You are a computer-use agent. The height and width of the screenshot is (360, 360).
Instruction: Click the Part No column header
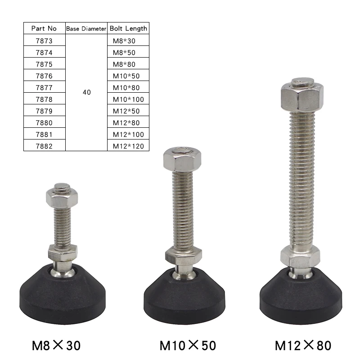pyautogui.click(x=44, y=28)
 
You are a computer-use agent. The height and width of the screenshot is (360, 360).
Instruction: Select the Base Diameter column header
pyautogui.click(x=86, y=28)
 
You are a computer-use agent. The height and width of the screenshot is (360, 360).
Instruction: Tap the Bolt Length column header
pyautogui.click(x=128, y=28)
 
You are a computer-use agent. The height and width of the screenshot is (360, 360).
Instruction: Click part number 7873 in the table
pyautogui.click(x=44, y=40)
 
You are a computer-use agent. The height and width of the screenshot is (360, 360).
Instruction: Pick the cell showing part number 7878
pyautogui.click(x=44, y=99)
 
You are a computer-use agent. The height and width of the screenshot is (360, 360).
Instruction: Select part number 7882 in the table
pyautogui.click(x=44, y=146)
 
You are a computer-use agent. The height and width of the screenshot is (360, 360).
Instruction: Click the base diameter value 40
pyautogui.click(x=87, y=92)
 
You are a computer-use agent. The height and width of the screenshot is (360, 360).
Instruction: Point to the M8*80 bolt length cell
pyautogui.click(x=124, y=64)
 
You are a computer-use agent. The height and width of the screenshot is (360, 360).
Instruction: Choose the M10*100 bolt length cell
pyautogui.click(x=128, y=99)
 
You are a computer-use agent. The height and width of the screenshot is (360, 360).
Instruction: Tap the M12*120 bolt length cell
pyautogui.click(x=128, y=146)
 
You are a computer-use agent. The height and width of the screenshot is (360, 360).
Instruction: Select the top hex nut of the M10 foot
pyautogui.click(x=181, y=159)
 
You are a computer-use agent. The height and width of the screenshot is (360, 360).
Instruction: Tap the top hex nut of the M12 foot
pyautogui.click(x=302, y=95)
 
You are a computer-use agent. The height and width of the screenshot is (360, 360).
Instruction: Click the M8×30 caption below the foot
pyautogui.click(x=56, y=345)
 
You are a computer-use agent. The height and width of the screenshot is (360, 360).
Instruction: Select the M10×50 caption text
pyautogui.click(x=188, y=345)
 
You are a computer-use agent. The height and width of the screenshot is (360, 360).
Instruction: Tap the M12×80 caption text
pyautogui.click(x=303, y=345)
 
